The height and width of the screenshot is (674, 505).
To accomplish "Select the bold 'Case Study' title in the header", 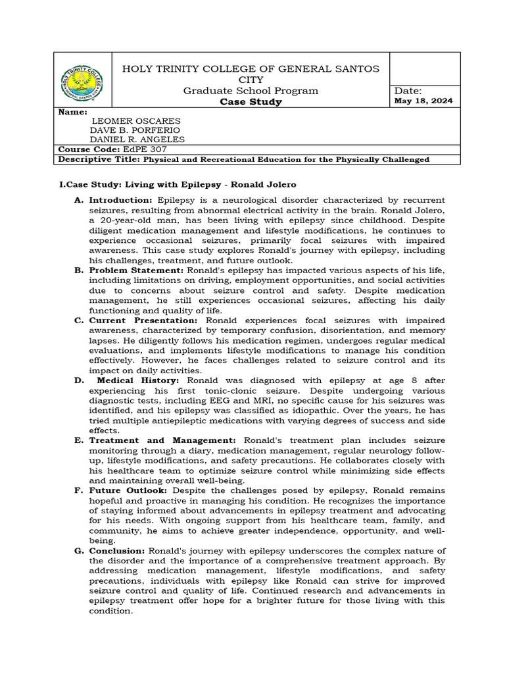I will [x=251, y=102].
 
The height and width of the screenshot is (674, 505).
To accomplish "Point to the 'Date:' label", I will [x=408, y=90].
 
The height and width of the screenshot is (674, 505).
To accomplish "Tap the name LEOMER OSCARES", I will [x=135, y=121].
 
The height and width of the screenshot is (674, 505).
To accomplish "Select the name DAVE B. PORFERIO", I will [x=135, y=130].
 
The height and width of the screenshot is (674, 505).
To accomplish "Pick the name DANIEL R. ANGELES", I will [x=138, y=140].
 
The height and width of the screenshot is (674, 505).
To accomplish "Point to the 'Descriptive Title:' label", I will [x=99, y=159].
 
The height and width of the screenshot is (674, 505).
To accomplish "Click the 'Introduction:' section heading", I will [x=121, y=199].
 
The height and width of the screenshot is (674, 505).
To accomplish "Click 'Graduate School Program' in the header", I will [x=251, y=91].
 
